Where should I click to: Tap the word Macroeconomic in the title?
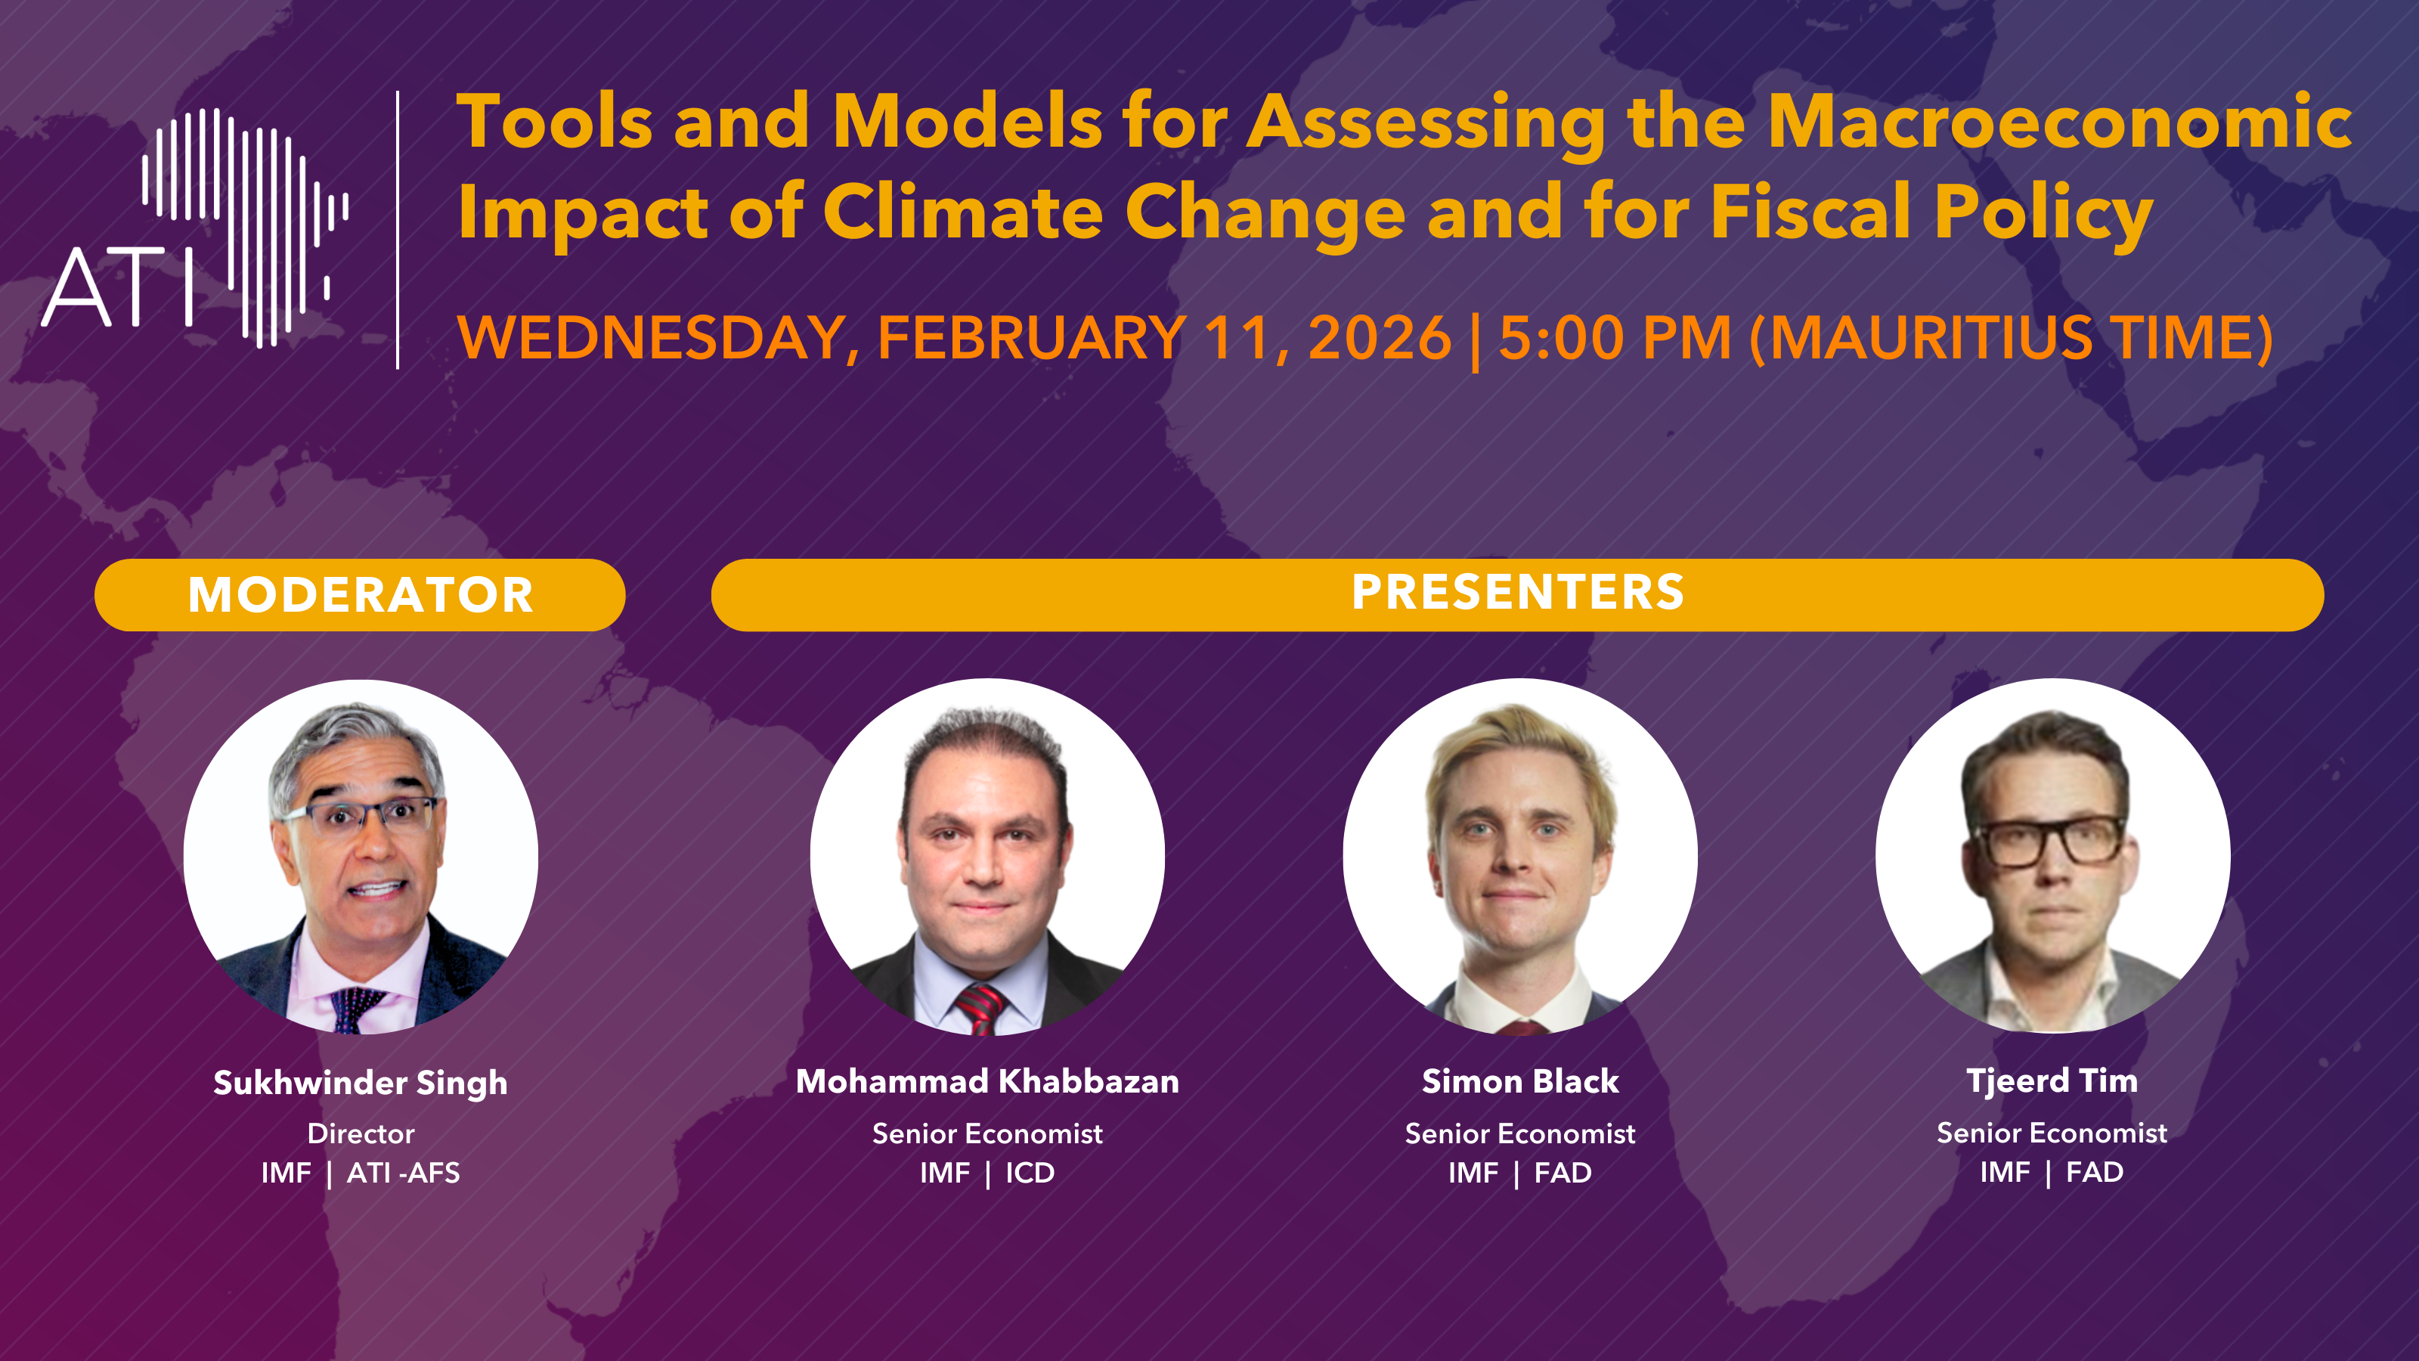2059,122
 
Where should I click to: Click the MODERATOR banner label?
361,594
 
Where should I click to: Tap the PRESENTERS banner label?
1517,592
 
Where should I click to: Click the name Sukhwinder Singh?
361,1083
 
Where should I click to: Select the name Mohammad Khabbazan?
987,1081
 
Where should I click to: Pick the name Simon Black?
1520,1081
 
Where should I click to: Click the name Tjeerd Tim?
2052,1081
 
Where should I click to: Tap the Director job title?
361,1133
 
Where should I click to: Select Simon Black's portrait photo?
1520,856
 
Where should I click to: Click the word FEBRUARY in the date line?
1031,337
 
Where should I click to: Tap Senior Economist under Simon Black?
1520,1133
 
